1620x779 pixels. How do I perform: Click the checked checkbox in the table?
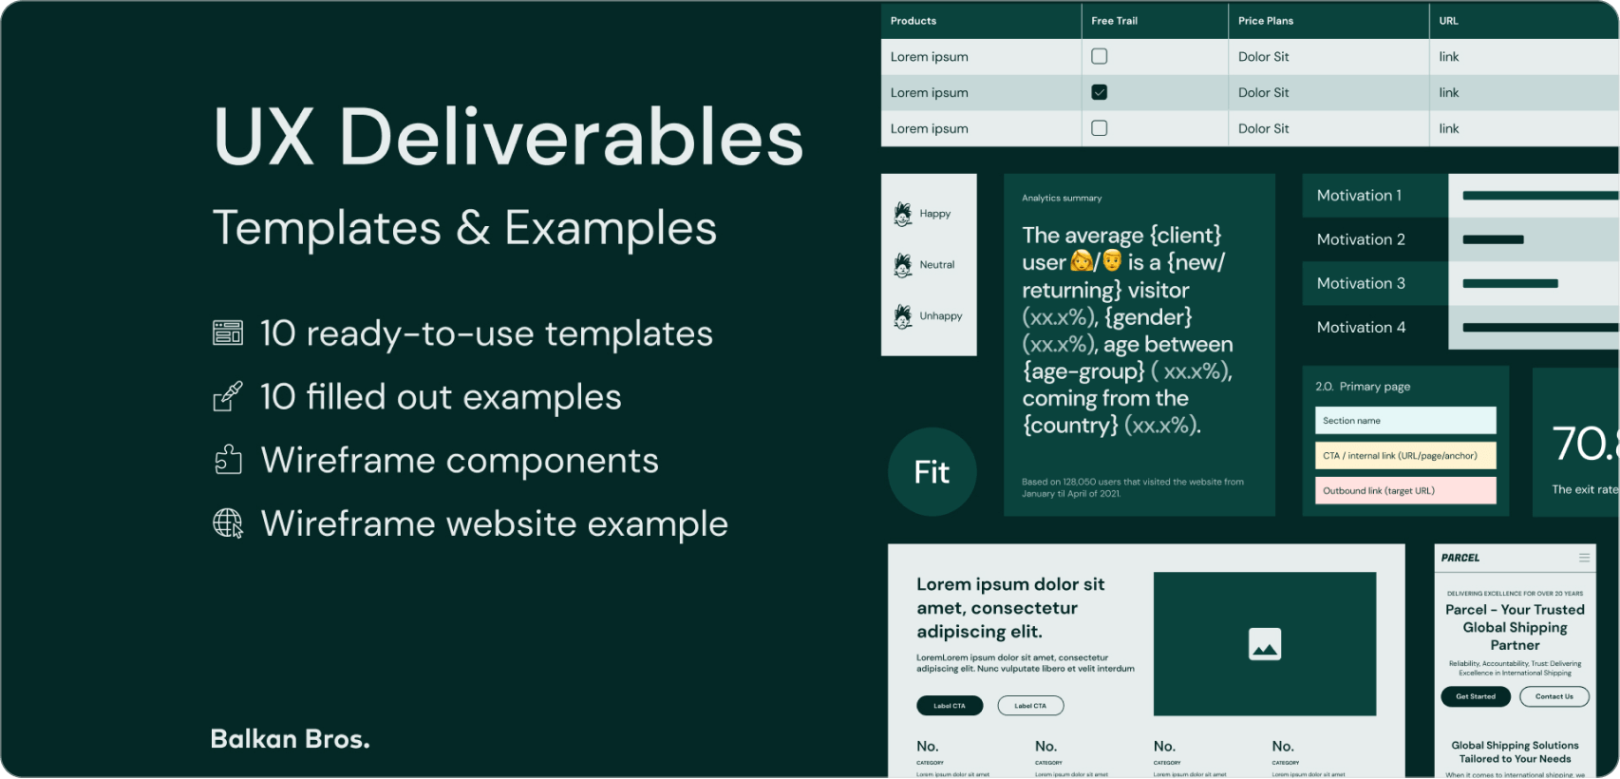[1099, 92]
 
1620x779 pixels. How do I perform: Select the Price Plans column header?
[1266, 21]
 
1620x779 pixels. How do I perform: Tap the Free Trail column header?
[1114, 21]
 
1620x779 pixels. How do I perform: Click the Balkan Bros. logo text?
[290, 739]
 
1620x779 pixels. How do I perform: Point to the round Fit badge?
[932, 472]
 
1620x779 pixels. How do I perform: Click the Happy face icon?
[903, 214]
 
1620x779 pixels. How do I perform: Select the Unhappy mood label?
[940, 316]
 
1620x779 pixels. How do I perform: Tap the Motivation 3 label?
[1360, 283]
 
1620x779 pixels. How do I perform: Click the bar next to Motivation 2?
[1493, 239]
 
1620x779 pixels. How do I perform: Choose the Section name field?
[1404, 420]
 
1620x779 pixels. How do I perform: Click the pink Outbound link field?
[1404, 490]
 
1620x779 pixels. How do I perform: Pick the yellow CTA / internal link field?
[1404, 456]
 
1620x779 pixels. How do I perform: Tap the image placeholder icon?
[1264, 644]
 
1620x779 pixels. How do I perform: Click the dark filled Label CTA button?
[949, 706]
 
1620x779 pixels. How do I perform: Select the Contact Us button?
[1554, 696]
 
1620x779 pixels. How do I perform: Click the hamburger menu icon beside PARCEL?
[1584, 558]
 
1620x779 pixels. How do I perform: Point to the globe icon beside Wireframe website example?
[228, 523]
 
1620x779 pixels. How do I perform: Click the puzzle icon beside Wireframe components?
[228, 460]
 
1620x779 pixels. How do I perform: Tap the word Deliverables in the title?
[571, 138]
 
